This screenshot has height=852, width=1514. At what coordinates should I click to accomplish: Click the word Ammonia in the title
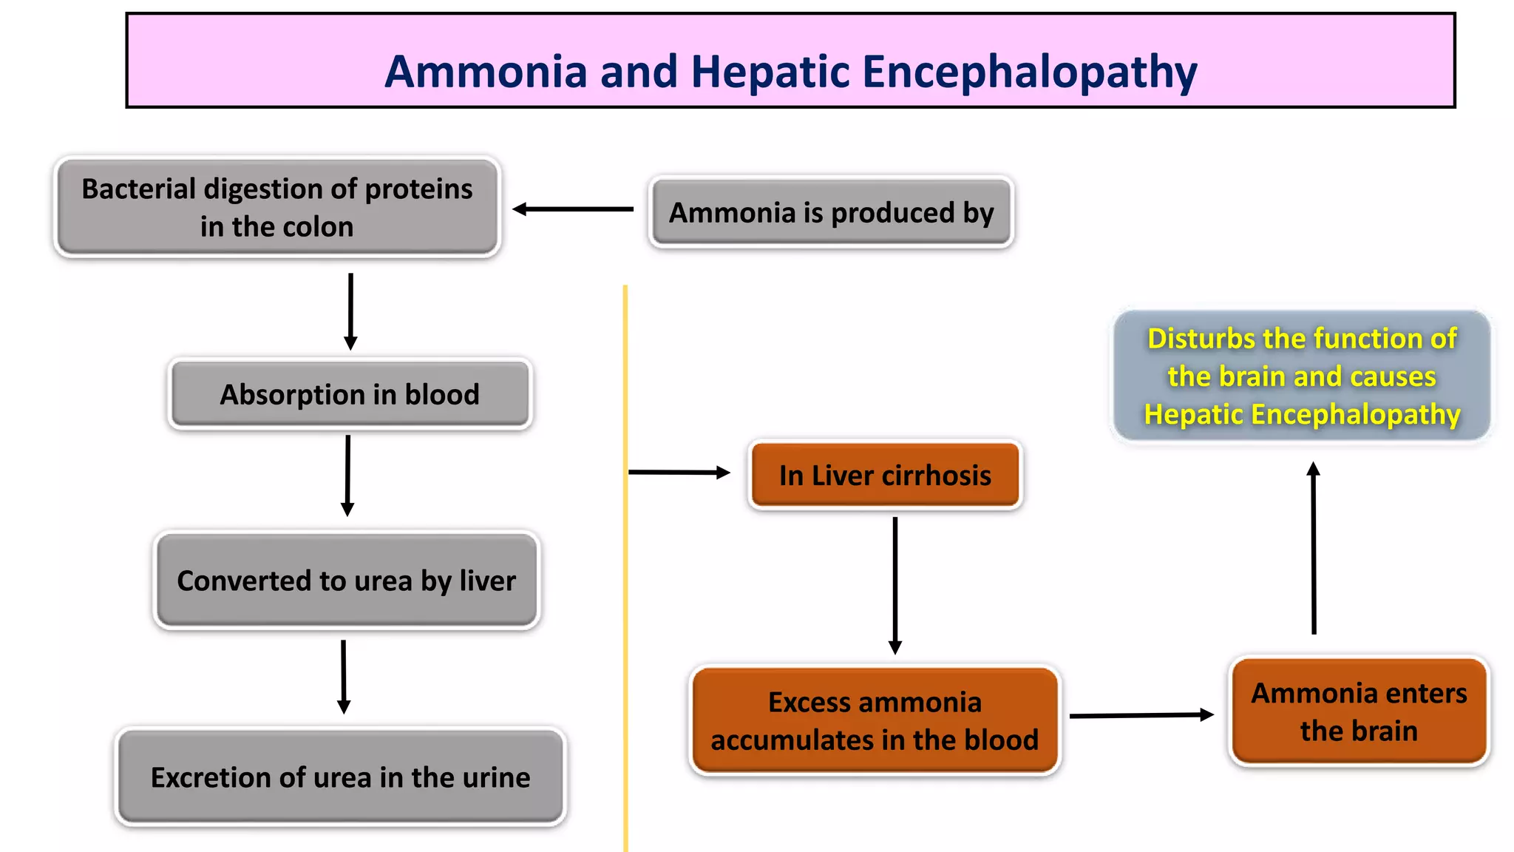click(486, 72)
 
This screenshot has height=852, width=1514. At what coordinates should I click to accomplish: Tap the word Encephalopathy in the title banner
click(1029, 72)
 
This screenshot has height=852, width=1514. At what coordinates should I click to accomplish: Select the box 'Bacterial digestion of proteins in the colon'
click(277, 207)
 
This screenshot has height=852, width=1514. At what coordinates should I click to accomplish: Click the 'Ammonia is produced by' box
click(831, 212)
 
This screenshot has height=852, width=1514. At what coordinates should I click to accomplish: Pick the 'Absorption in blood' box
click(350, 394)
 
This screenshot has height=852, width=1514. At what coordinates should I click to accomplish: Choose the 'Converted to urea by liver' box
click(347, 581)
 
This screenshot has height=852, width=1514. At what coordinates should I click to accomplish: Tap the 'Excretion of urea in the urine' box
click(341, 777)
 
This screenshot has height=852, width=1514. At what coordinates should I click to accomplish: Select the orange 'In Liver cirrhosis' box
click(885, 475)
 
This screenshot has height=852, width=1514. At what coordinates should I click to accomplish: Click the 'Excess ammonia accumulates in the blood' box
click(875, 720)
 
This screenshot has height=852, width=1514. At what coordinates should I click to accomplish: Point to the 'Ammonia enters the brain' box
click(1359, 711)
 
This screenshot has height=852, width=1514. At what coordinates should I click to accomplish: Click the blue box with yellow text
click(1302, 376)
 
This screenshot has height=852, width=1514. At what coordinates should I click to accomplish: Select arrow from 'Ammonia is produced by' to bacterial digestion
click(573, 209)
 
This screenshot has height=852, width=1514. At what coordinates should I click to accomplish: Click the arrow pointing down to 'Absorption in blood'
click(350, 311)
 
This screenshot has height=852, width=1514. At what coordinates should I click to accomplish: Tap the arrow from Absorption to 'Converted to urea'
click(347, 475)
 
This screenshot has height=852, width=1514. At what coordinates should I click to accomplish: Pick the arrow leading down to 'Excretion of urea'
click(343, 676)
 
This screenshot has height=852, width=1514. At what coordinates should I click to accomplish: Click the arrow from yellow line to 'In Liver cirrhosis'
click(679, 472)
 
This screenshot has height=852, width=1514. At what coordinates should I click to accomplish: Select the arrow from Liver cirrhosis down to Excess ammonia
click(895, 584)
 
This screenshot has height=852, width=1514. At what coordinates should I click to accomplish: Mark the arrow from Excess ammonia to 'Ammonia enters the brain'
click(1141, 715)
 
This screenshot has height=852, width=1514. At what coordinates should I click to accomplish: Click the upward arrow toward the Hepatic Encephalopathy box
click(1314, 547)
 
